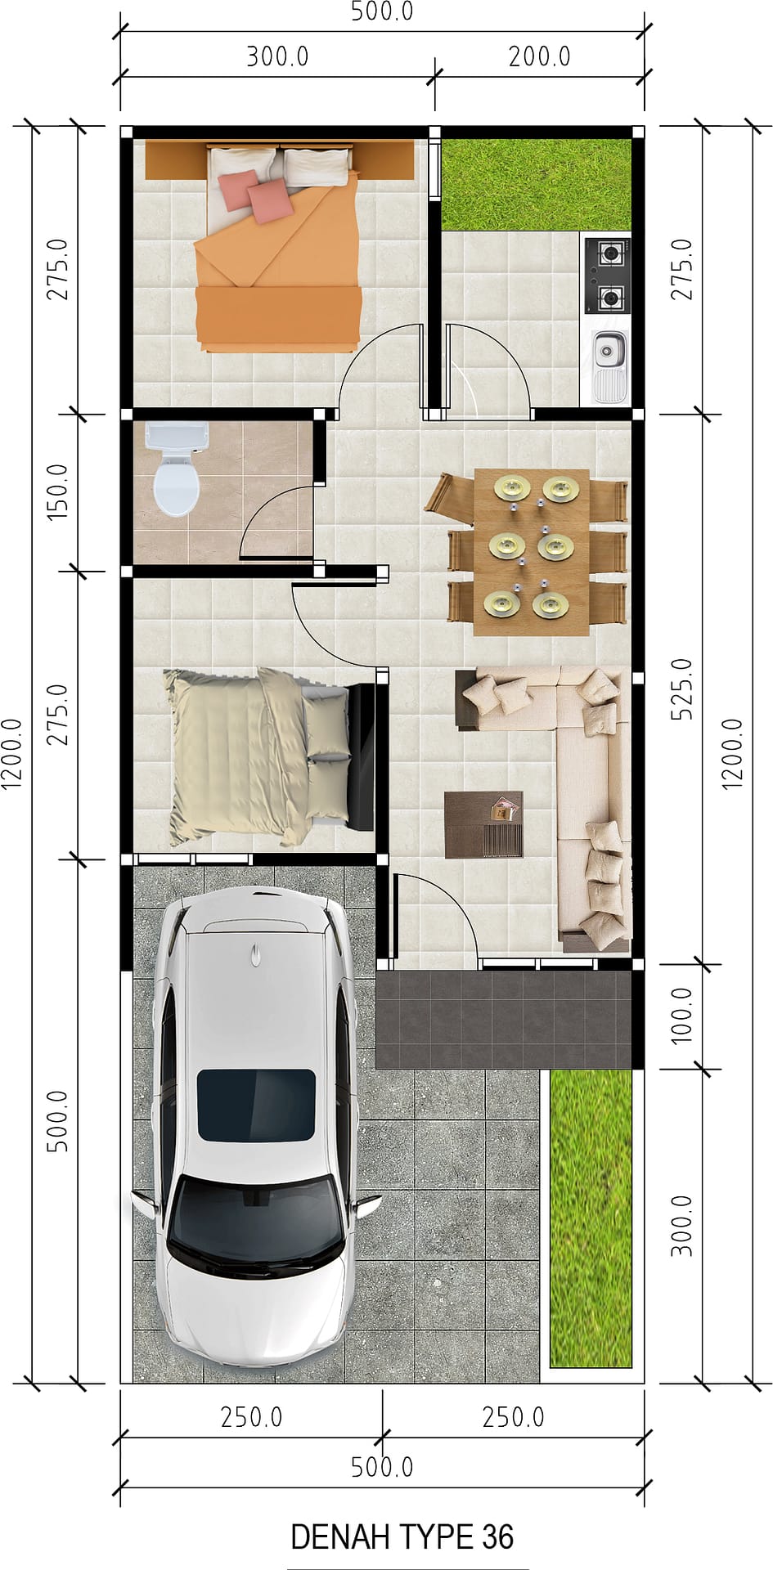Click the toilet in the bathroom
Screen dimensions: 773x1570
click(x=174, y=469)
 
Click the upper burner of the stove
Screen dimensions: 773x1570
click(x=608, y=253)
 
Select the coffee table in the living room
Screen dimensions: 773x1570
click(x=483, y=824)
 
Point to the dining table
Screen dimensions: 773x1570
click(x=532, y=552)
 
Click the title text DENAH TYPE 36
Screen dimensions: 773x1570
click(x=402, y=1537)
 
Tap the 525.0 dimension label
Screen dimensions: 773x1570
click(x=681, y=689)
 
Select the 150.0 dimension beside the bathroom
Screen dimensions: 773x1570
click(x=57, y=492)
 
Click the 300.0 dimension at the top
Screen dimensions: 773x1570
click(x=277, y=56)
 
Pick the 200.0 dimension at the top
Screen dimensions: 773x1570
click(x=539, y=56)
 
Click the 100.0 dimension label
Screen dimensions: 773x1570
click(x=681, y=1015)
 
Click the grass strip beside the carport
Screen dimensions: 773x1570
click(x=591, y=1218)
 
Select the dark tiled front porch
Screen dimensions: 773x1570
click(x=504, y=1020)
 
